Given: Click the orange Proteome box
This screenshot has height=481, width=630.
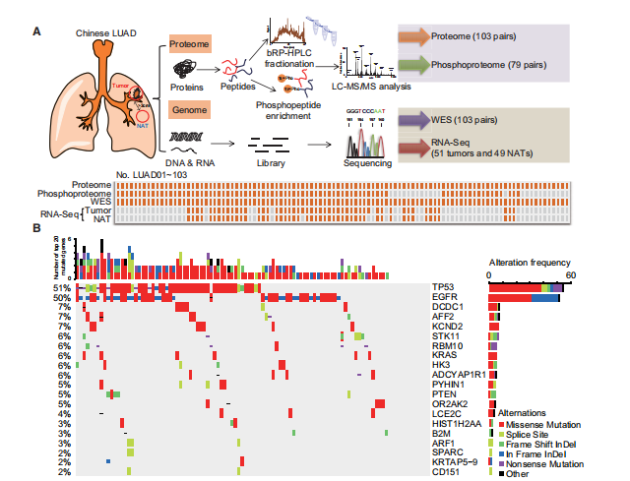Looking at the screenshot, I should [185, 43].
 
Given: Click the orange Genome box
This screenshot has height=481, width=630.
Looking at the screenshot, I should [184, 111].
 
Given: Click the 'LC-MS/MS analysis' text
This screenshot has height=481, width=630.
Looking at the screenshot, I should [377, 86].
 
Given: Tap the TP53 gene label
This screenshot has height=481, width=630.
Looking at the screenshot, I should [445, 286].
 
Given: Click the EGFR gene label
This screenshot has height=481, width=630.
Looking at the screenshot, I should [445, 296].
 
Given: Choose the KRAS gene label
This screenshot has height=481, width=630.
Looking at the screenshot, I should [445, 355].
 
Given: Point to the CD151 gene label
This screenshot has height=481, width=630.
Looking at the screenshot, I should [447, 472].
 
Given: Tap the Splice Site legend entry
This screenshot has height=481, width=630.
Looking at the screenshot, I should [529, 434].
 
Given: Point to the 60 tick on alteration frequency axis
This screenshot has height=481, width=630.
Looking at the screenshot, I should [569, 275].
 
